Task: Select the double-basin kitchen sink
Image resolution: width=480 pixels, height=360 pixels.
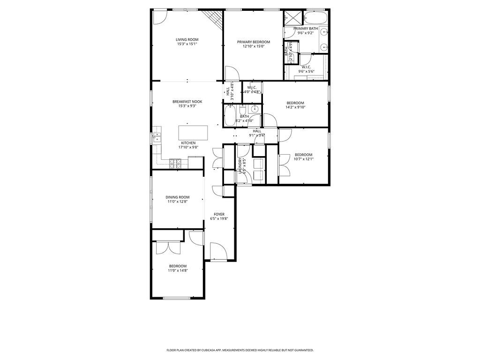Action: point(157,137)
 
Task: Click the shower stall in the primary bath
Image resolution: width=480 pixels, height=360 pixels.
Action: point(293,18)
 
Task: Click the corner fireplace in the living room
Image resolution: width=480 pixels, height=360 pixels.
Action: point(214,18)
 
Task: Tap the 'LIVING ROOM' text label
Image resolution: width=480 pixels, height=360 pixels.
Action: point(187,40)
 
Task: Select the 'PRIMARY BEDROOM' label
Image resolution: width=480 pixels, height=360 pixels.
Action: point(254,42)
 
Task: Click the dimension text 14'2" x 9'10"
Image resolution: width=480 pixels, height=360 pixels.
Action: point(295,107)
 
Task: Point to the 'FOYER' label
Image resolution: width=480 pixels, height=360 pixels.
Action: point(219,214)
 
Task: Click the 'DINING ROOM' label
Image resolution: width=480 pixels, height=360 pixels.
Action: point(177,197)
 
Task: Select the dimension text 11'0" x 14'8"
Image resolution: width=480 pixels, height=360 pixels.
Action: point(178,270)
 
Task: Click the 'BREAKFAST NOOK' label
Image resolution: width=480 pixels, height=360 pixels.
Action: point(187,101)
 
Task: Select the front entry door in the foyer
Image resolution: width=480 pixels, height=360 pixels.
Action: point(219,251)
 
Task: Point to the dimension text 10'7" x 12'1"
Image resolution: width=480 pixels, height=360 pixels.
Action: point(303,159)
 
